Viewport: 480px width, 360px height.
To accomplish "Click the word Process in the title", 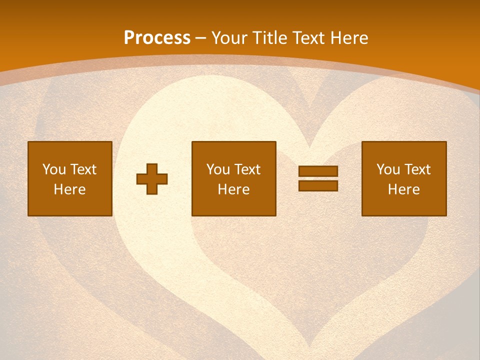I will click(157, 38).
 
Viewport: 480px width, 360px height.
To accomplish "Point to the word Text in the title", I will click(309, 38).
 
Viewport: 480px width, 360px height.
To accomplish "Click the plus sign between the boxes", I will click(152, 179).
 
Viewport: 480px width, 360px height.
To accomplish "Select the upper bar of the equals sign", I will click(318, 171).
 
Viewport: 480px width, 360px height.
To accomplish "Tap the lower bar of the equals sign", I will click(318, 185).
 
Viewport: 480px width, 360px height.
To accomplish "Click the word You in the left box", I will click(54, 169).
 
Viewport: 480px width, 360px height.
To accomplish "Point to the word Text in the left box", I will click(83, 169).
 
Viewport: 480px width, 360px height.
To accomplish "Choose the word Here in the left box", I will click(69, 189).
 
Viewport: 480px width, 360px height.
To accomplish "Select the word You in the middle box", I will click(218, 169).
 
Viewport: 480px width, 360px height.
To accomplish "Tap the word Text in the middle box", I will click(247, 169).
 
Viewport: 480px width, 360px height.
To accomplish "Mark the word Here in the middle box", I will click(233, 189).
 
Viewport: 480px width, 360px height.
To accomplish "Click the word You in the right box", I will click(388, 169).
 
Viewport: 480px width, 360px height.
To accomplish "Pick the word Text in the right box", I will click(417, 169).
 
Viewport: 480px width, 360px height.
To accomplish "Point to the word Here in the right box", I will click(403, 189).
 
